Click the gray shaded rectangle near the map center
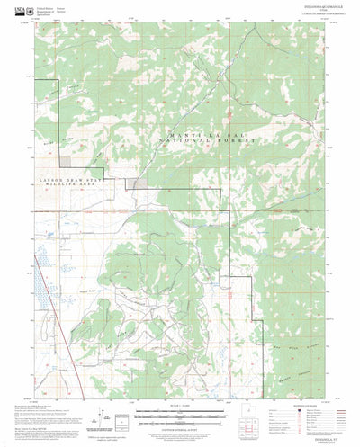pyautogui.click(x=139, y=183)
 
